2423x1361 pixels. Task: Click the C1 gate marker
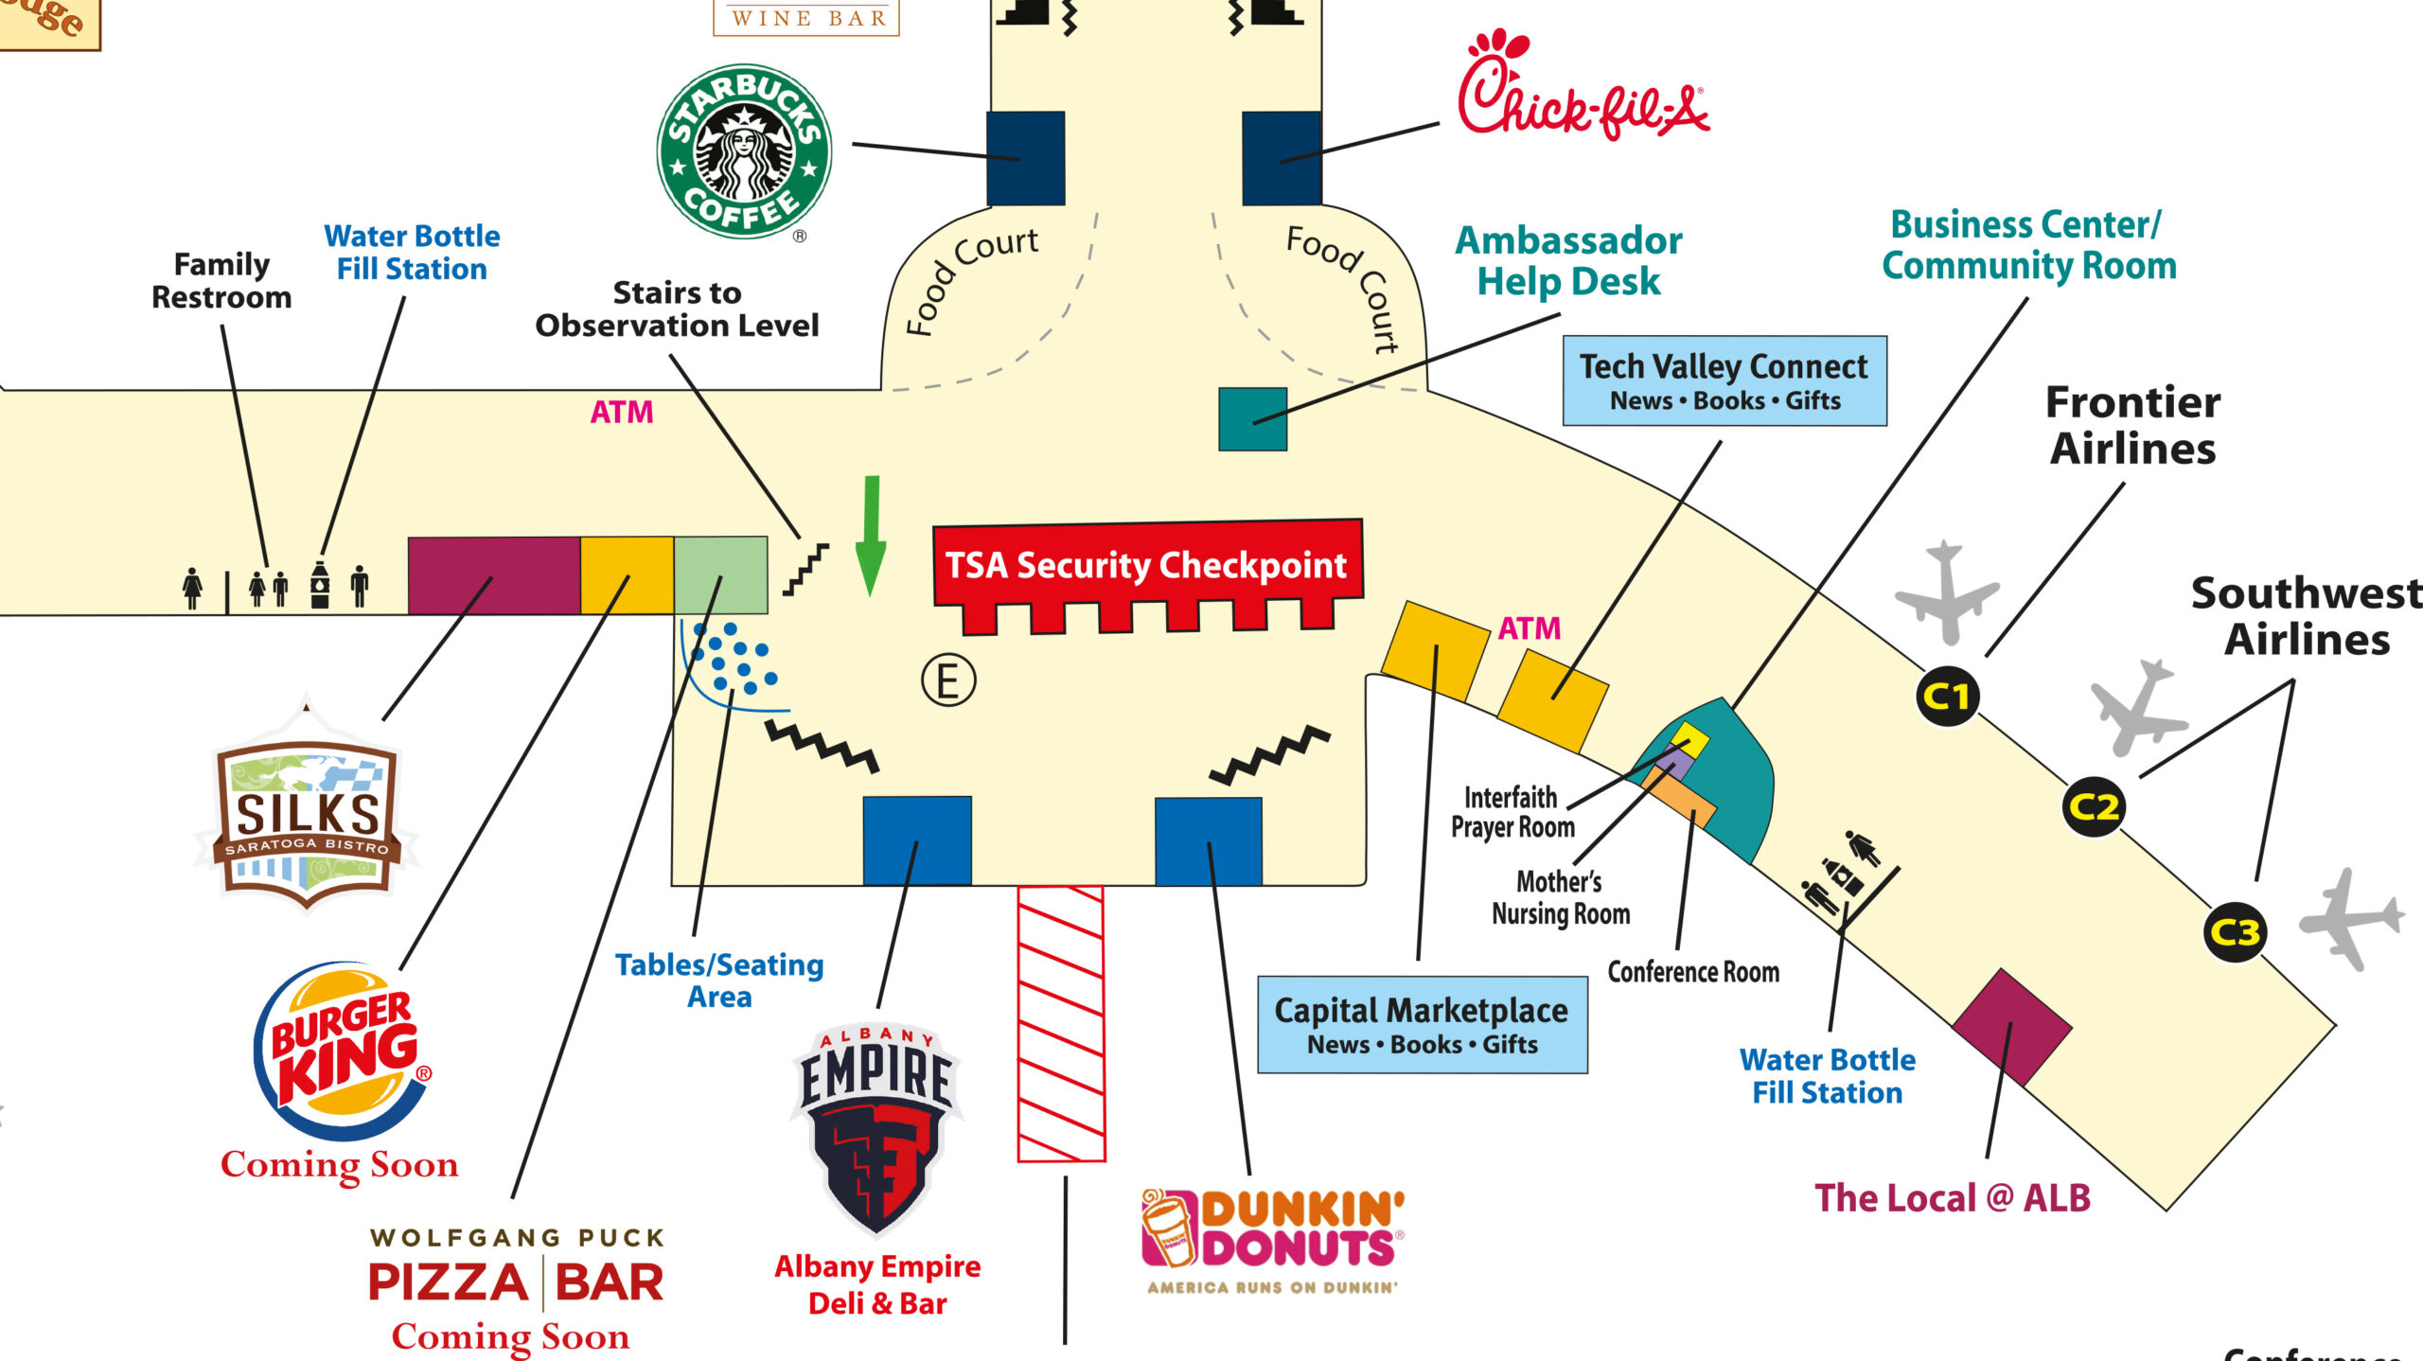pos(1946,697)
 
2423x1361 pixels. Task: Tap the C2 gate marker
pos(2094,807)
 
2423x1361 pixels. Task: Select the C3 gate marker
pos(2235,932)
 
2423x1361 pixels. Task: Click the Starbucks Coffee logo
pos(744,151)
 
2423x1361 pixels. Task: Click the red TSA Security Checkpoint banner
pos(1147,565)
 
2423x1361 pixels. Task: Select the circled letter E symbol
pos(947,680)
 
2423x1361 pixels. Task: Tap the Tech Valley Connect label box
pos(1724,380)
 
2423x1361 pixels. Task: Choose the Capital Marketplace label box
pos(1422,1025)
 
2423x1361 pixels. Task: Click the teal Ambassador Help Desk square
pos(1252,418)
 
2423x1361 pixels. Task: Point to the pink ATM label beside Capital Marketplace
pos(1529,628)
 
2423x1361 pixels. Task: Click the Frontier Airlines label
pos(2132,425)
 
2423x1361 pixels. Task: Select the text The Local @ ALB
pos(1952,1198)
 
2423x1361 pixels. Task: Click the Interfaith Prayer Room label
pos(1512,811)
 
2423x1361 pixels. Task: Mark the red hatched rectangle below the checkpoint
pos(1061,1023)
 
